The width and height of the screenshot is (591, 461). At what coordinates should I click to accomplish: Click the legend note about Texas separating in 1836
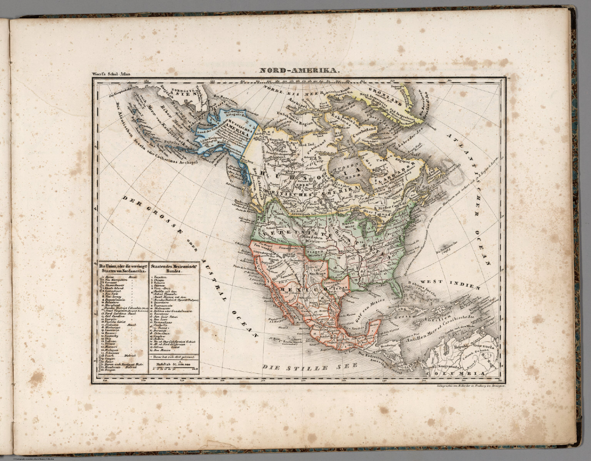point(174,357)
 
